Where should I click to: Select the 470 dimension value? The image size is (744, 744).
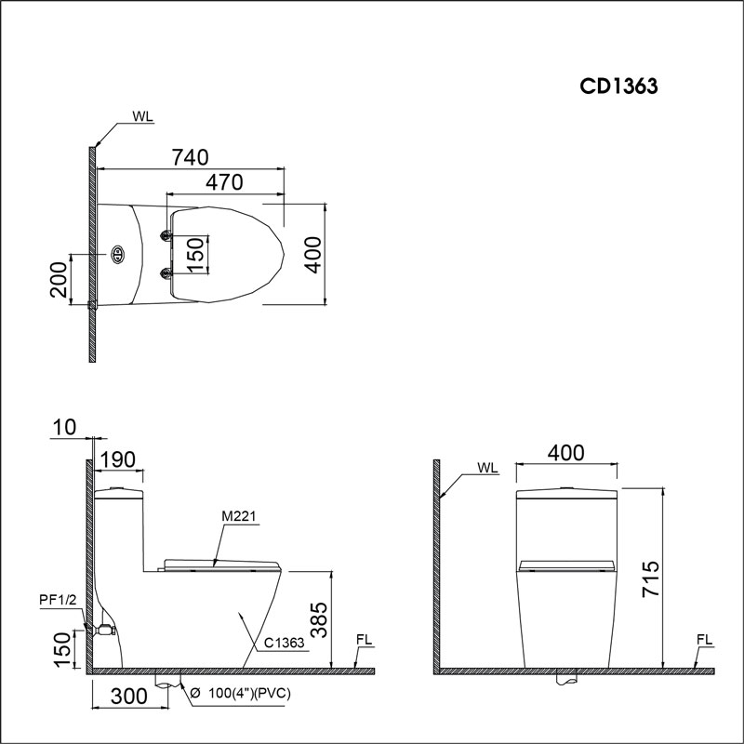pos(224,182)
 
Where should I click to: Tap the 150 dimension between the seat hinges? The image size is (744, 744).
pos(194,254)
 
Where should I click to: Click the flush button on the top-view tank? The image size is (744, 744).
pos(118,253)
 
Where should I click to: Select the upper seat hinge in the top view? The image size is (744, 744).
pos(166,235)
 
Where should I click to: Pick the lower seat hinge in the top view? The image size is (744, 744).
pos(166,272)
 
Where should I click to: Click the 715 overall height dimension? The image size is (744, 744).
pos(650,578)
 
